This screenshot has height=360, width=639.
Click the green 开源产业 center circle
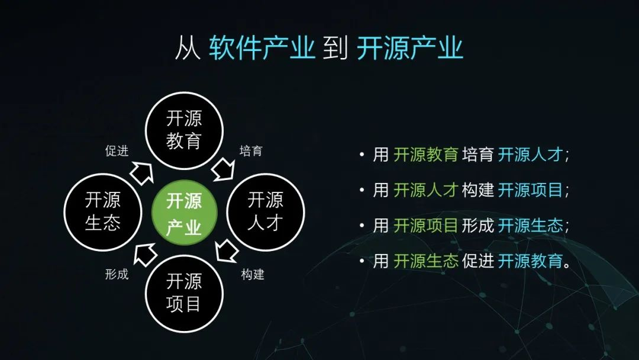click(x=184, y=213)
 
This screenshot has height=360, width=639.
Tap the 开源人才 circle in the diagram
click(x=266, y=212)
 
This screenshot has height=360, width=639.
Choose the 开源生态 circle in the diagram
click(x=103, y=212)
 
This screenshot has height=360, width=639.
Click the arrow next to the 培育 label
click(x=224, y=169)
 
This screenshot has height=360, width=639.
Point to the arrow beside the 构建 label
click(x=226, y=250)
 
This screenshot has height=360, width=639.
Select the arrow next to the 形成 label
click(x=145, y=255)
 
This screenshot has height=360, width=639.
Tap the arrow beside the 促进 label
click(x=142, y=173)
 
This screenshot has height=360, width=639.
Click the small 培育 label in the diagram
click(x=251, y=151)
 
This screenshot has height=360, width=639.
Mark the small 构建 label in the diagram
click(x=253, y=274)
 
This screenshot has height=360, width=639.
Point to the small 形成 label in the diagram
click(x=117, y=274)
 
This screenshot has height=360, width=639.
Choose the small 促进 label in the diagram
click(x=117, y=151)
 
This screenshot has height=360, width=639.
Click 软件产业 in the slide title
click(x=262, y=48)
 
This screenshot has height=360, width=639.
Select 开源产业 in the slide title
click(x=410, y=48)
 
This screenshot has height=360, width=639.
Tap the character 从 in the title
click(x=188, y=48)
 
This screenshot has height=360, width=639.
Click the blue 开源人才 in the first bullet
click(x=530, y=155)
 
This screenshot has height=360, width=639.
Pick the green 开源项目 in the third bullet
click(x=426, y=226)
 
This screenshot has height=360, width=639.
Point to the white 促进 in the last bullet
click(x=478, y=261)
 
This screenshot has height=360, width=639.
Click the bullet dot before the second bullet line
click(x=362, y=190)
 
